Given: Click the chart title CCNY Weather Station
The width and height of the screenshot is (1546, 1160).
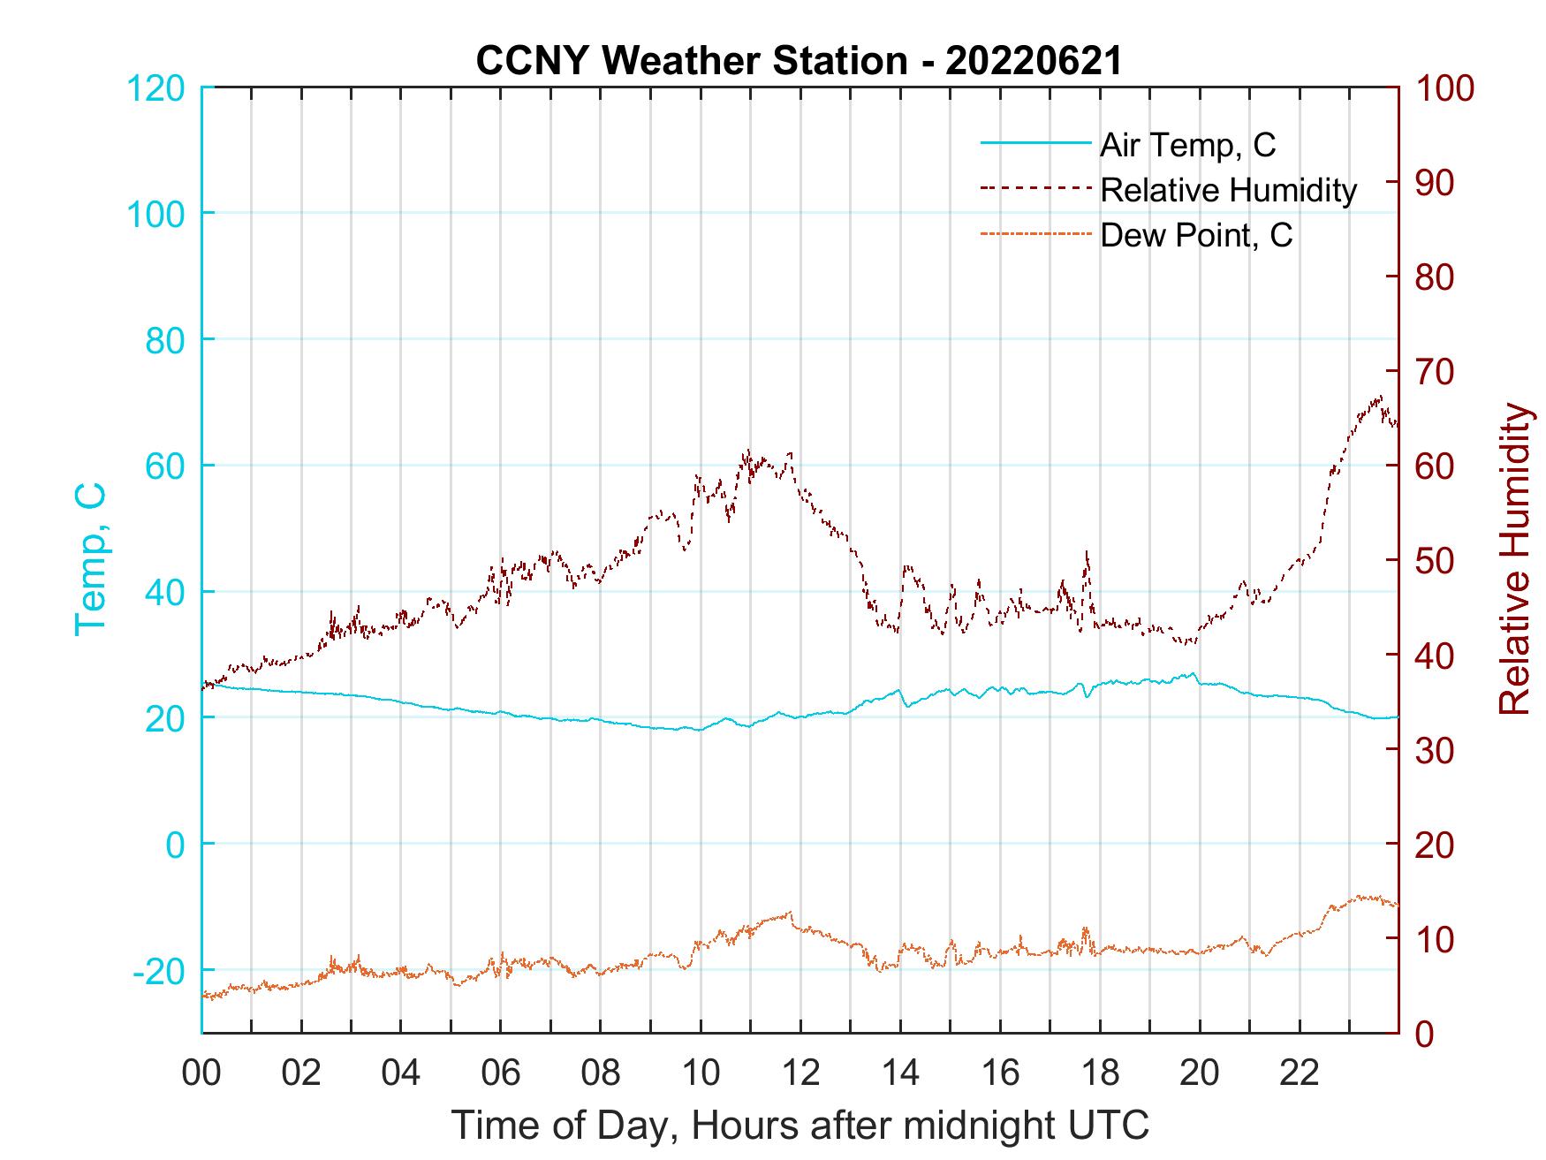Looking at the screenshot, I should (x=799, y=60).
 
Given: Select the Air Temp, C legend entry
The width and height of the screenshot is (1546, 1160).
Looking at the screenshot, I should (x=1186, y=144).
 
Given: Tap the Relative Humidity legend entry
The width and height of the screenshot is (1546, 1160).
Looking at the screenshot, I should (x=1228, y=190).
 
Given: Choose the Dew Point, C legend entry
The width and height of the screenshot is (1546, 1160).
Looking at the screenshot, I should (x=1195, y=236).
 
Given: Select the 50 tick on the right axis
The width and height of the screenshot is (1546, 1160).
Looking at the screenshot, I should (x=1436, y=561).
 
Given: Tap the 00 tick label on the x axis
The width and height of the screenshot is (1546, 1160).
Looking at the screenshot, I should (x=201, y=1073).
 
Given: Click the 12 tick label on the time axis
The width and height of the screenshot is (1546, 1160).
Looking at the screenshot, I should (x=800, y=1073).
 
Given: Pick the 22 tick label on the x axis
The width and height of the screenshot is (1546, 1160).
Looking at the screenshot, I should (x=1300, y=1073).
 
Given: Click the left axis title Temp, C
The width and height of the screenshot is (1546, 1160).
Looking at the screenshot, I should (x=90, y=558).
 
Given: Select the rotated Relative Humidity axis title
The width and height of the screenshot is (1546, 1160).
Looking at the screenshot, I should (x=1514, y=558).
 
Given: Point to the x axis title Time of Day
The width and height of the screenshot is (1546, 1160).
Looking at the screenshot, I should (x=800, y=1126).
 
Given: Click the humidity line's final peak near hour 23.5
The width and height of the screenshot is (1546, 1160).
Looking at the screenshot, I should (x=1380, y=397).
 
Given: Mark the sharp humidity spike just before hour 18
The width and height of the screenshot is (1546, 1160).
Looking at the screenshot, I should (x=1087, y=553).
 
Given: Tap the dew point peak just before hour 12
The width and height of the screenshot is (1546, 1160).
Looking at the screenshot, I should (x=791, y=912).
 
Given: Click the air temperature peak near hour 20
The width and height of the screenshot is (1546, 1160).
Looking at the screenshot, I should (x=1194, y=673).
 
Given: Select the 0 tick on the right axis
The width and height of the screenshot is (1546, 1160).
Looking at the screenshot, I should (x=1426, y=1033).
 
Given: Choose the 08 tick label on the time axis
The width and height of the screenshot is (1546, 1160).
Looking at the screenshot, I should (x=601, y=1073).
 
